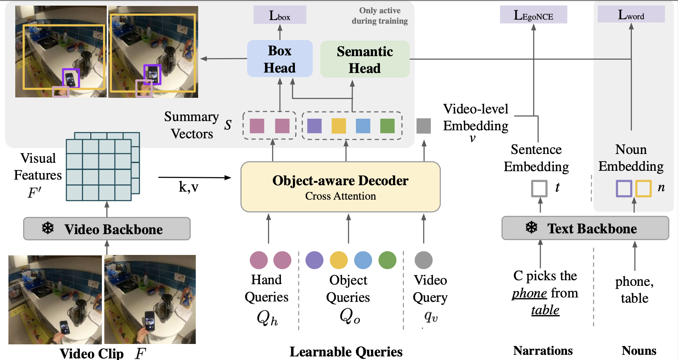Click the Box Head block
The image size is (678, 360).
(280, 59)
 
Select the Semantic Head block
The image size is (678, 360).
(365, 59)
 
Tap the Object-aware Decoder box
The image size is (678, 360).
(340, 187)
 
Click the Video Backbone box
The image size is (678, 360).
(107, 229)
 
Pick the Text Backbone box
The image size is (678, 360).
(585, 229)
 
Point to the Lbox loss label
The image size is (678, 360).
(280, 15)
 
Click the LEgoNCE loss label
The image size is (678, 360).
(533, 15)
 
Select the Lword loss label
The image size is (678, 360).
(631, 15)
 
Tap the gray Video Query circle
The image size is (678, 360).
(423, 260)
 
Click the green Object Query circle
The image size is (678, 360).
(387, 260)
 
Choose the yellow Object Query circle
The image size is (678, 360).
(339, 260)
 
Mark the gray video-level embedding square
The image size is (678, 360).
(423, 126)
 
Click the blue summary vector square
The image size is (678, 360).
(363, 126)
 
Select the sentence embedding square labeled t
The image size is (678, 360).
(539, 188)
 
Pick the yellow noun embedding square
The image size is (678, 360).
(643, 188)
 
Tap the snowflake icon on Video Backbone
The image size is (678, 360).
(48, 229)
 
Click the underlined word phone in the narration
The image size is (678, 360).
(529, 293)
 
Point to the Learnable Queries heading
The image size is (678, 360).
(346, 352)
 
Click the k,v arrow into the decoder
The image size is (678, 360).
(195, 177)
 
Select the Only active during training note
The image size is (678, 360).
(380, 16)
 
